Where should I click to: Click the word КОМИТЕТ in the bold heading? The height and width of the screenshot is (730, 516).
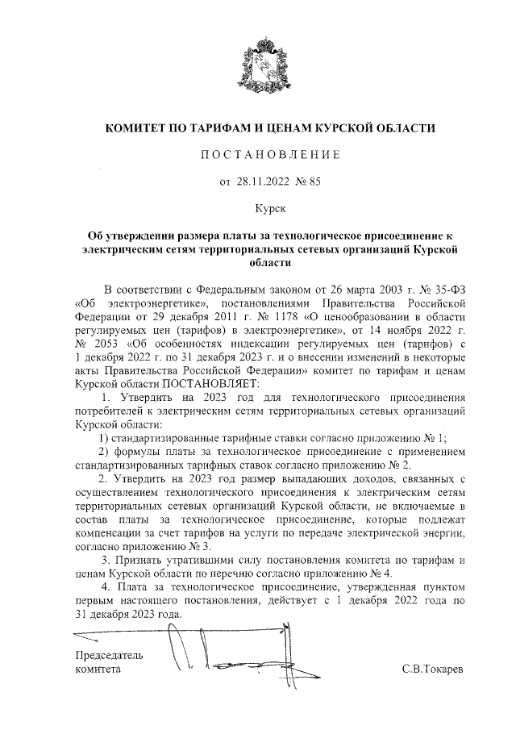pos(141,128)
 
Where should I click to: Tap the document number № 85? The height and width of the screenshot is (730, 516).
pos(310,181)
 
